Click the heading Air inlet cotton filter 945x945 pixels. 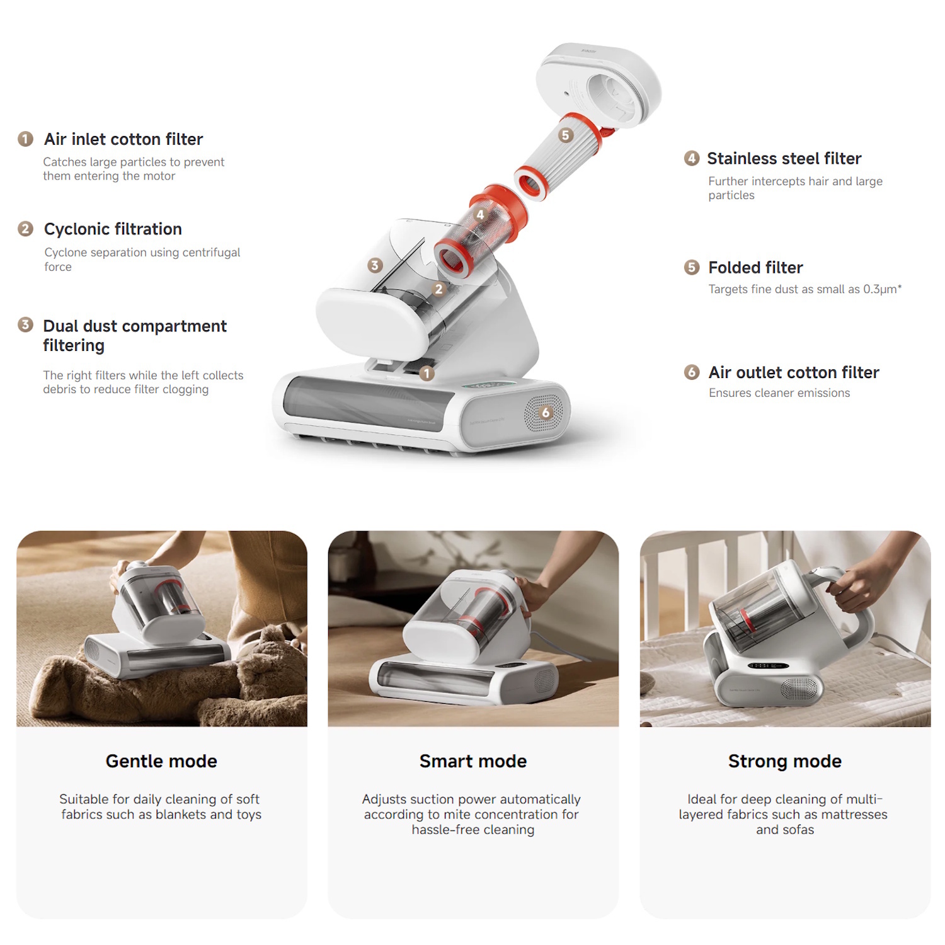(x=123, y=139)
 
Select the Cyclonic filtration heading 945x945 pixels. (x=113, y=229)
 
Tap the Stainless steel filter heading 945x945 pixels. (x=784, y=159)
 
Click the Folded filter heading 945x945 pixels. (x=755, y=268)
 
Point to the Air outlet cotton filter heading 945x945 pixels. (x=794, y=373)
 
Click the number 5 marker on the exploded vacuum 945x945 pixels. (x=566, y=135)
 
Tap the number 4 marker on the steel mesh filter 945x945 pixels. (x=480, y=215)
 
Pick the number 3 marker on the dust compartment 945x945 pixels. (x=375, y=265)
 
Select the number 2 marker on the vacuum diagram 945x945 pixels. (x=439, y=290)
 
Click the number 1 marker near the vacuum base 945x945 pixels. (x=427, y=374)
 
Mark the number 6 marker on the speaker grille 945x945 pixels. (x=546, y=413)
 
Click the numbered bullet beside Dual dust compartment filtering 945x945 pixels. (x=25, y=325)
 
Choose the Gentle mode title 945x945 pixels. (x=161, y=762)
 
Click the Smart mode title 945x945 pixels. (x=473, y=762)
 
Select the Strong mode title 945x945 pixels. (x=785, y=762)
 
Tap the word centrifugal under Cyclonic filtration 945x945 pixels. (x=211, y=253)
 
